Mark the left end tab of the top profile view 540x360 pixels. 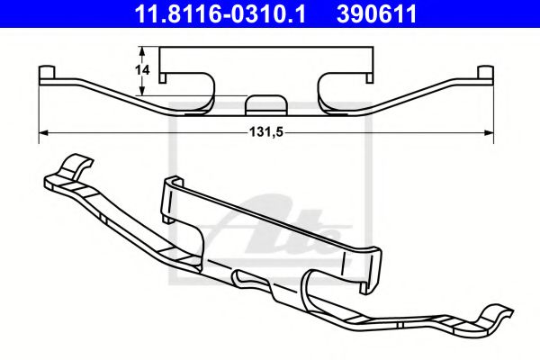click(48, 72)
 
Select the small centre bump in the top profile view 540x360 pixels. click(264, 102)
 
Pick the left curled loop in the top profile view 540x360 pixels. click(205, 90)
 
